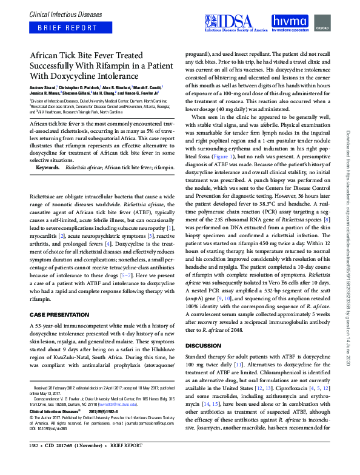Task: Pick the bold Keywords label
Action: click(x=48, y=150)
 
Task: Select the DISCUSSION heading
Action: click(x=208, y=346)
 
